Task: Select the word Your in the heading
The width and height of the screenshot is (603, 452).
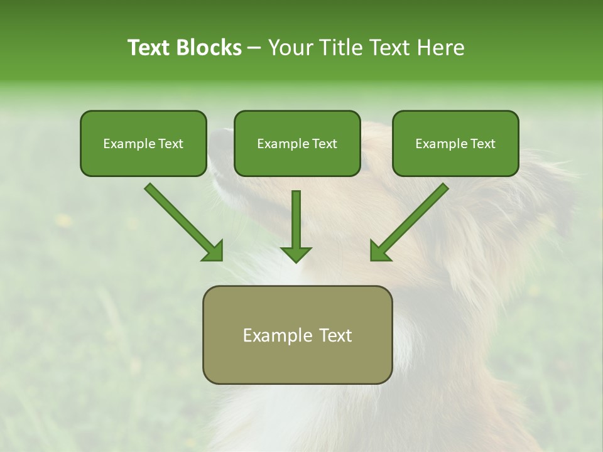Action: click(290, 48)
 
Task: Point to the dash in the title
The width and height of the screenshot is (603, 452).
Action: click(254, 48)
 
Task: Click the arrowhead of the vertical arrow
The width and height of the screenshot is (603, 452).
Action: click(296, 254)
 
